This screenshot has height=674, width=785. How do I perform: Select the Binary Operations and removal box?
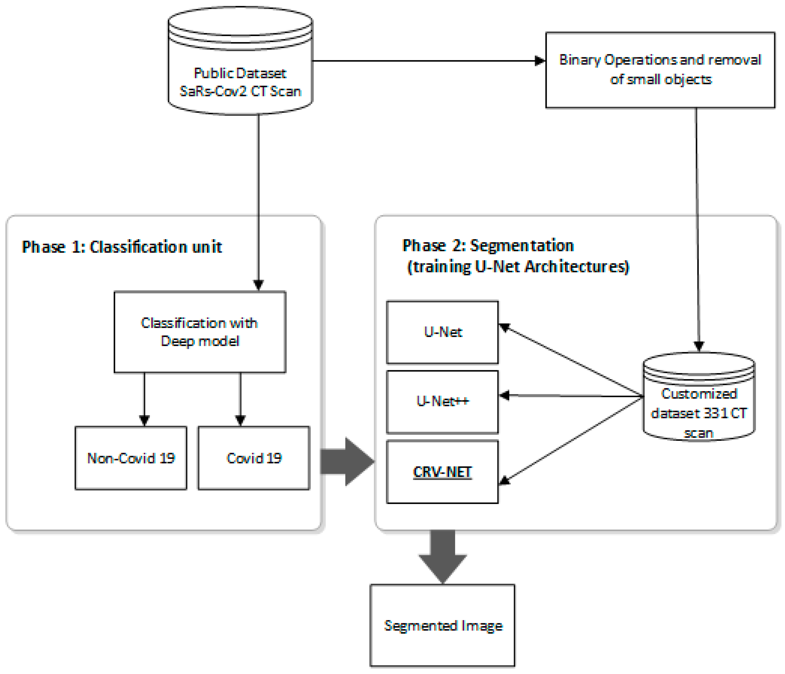[x=660, y=70]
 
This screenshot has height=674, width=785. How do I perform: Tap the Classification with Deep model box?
[x=200, y=332]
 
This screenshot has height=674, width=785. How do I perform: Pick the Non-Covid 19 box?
[x=131, y=458]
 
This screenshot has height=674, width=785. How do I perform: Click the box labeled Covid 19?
[x=254, y=458]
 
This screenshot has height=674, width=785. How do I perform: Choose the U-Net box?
[x=442, y=332]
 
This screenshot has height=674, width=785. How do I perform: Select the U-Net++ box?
[x=442, y=402]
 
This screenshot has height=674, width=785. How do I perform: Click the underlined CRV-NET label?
[x=442, y=472]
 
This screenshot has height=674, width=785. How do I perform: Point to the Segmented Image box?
[x=442, y=625]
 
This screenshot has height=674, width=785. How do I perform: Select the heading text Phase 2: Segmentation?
[x=488, y=246]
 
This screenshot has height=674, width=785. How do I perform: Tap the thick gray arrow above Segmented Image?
[x=443, y=557]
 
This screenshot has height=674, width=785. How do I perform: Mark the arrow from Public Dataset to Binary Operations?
[x=428, y=61]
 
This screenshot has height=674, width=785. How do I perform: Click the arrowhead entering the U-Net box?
[x=504, y=327]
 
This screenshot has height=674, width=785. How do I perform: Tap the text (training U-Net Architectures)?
[x=518, y=267]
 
